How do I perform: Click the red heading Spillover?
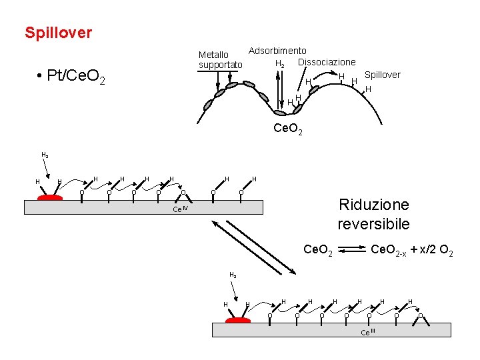click(58, 33)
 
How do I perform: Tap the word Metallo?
click(213, 54)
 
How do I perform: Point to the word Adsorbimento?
click(277, 51)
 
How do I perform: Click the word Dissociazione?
click(327, 62)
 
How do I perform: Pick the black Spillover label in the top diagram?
click(382, 75)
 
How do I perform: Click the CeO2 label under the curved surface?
click(288, 129)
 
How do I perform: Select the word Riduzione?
click(373, 205)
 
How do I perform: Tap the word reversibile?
click(373, 224)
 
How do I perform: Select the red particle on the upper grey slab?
click(49, 197)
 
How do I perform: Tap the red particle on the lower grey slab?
click(237, 320)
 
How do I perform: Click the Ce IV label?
click(181, 209)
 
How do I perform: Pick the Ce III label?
click(368, 332)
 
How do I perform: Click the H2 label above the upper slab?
click(45, 155)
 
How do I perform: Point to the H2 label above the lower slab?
click(232, 275)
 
